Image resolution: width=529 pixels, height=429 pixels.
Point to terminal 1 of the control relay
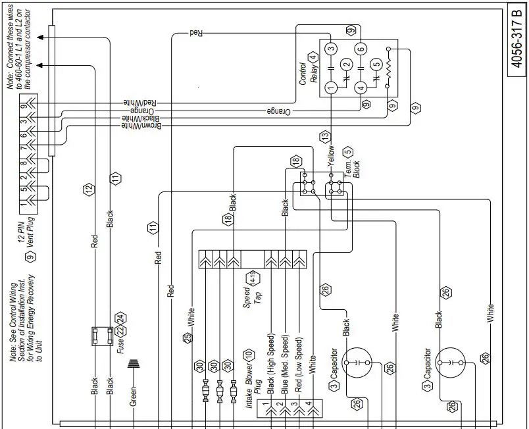pos(331,87)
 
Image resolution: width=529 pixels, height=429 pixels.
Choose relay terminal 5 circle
pos(376,64)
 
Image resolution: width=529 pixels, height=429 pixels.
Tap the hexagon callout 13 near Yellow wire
pos(324,136)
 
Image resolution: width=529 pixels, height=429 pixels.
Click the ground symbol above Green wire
pos(134,365)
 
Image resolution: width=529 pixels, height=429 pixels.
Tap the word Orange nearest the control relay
pos(279,111)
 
